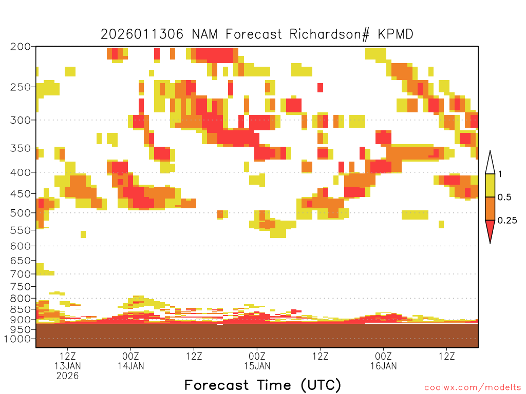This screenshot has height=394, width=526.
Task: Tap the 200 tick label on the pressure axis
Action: point(21,47)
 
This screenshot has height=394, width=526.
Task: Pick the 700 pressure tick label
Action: point(21,274)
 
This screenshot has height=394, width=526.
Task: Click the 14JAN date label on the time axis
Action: point(130,366)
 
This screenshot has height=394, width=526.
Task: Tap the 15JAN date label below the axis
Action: point(257,366)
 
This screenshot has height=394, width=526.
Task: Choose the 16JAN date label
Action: point(383,366)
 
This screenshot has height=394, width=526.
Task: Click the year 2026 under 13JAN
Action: point(68,376)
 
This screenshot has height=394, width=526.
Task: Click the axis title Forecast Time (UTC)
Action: point(262,385)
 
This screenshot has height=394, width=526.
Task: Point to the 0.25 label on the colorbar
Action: point(508,221)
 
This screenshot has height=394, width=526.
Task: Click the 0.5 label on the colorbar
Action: point(504,198)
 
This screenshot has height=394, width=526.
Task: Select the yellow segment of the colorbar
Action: point(490,186)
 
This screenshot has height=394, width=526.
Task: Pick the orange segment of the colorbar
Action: point(490,209)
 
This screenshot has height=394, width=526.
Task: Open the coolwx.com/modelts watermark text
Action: point(473,387)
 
